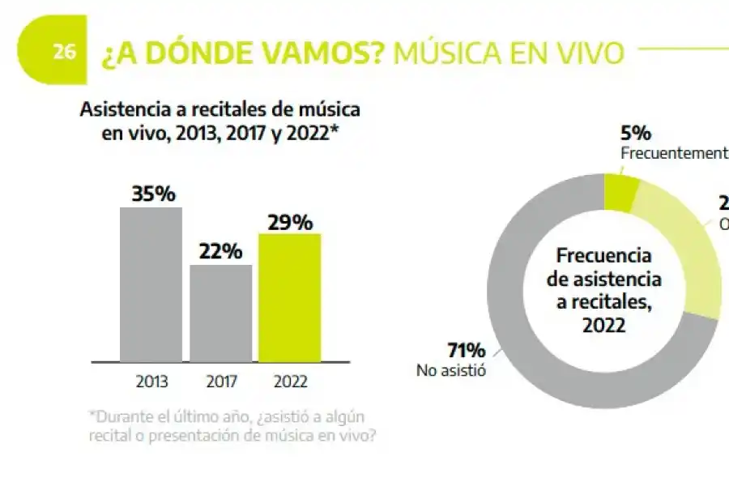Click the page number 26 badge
pos(64,52)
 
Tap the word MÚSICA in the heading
pos(464,53)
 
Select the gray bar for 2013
pos(151,283)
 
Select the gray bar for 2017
pos(220,312)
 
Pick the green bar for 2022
pos(289,296)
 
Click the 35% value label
pos(153,194)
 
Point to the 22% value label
pos(220,251)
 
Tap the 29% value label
pos(289,221)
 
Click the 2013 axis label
pos(151,380)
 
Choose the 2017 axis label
pos(220,380)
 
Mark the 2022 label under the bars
pos(290,380)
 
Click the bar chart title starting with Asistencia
pos(220,121)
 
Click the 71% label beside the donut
pos(466,351)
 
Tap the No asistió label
pos(451,371)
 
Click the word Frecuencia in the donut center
pos(603,256)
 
